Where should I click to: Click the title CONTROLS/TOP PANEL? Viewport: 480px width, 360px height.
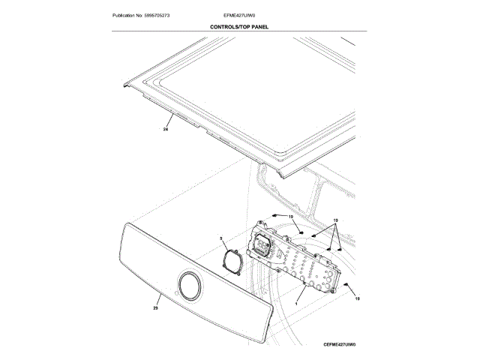[240, 27]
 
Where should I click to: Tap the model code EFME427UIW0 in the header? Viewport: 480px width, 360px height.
[239, 15]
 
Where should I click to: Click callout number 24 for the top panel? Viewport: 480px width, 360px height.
[165, 130]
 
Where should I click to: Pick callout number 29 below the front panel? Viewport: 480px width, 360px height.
[155, 308]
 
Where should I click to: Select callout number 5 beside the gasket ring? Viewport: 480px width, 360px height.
[221, 239]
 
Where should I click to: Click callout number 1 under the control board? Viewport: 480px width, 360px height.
[297, 301]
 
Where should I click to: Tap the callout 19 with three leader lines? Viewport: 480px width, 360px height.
[335, 220]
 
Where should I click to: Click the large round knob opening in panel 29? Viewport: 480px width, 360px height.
[189, 287]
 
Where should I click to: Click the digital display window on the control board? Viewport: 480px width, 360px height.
[263, 244]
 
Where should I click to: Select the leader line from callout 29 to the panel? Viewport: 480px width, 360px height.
[165, 298]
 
